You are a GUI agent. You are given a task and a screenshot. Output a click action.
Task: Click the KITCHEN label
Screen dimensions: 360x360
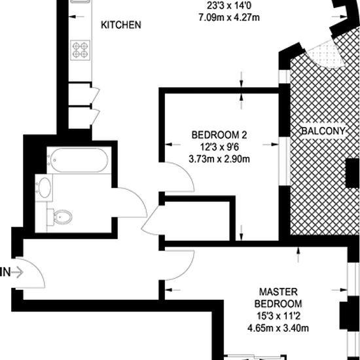click(x=121, y=25)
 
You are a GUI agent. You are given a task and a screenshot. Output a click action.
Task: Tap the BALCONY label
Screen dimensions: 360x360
click(x=323, y=131)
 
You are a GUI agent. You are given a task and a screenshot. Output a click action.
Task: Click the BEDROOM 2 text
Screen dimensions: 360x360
click(x=219, y=135)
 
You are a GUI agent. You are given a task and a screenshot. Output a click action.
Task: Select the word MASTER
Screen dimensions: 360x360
click(x=278, y=292)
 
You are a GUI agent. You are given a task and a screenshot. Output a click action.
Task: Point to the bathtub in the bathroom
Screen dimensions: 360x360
click(x=79, y=160)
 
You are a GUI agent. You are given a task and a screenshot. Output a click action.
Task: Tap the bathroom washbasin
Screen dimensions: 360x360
click(x=44, y=188)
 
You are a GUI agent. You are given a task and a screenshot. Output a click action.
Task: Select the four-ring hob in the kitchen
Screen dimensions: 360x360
click(x=80, y=50)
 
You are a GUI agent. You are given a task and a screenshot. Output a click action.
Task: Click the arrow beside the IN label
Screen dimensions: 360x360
click(x=18, y=272)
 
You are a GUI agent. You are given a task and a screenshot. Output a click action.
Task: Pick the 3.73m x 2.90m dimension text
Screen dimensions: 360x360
click(x=219, y=159)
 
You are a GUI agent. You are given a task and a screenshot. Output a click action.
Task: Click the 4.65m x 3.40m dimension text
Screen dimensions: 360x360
click(x=278, y=329)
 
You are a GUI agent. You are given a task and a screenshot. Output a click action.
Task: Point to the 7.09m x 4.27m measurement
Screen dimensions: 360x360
click(x=229, y=18)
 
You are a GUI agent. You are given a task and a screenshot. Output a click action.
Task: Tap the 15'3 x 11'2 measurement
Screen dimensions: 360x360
click(x=278, y=316)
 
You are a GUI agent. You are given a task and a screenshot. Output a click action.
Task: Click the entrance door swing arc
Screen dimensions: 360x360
click(x=39, y=268)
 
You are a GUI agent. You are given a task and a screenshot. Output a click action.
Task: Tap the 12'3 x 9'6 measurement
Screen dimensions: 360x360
click(x=219, y=147)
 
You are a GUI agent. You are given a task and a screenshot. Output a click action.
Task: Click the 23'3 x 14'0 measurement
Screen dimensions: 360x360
click(x=229, y=5)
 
